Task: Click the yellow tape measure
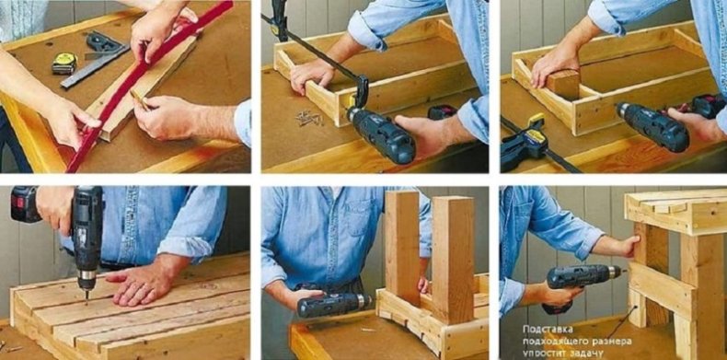pos(64,64)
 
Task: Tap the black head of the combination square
pos(104,42)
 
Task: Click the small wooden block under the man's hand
pos(564,85)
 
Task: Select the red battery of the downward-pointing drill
pos(24,204)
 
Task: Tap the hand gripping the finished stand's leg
pos(628,246)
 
